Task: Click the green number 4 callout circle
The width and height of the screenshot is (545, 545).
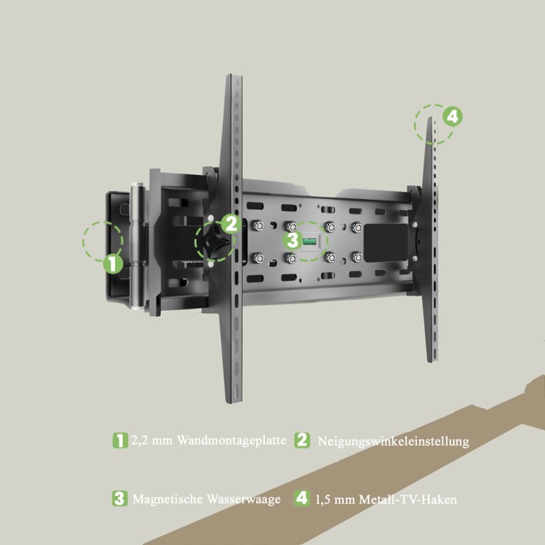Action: click(452, 116)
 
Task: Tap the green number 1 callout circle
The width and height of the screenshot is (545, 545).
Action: click(113, 264)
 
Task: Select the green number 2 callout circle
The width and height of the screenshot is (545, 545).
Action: click(231, 223)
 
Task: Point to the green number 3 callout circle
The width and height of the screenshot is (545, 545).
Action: click(293, 240)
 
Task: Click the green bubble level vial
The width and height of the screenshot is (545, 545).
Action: click(309, 240)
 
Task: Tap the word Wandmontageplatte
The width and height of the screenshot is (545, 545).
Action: click(232, 440)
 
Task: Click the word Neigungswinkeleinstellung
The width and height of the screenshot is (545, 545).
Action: click(394, 441)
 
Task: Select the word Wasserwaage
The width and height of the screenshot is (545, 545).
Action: click(244, 499)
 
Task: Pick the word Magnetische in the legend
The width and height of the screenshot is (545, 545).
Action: click(168, 499)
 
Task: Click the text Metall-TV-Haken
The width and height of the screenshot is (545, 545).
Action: click(408, 499)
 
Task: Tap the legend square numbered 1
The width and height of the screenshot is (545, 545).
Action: click(120, 440)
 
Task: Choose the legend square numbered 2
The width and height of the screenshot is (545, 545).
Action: click(302, 440)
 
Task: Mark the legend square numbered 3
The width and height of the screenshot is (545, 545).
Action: click(120, 499)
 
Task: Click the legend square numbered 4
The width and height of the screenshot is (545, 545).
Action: click(302, 498)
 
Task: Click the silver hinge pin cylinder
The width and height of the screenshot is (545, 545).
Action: click(138, 246)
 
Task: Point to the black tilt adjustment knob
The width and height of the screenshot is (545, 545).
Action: click(213, 241)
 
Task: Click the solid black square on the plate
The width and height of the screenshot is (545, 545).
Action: click(386, 243)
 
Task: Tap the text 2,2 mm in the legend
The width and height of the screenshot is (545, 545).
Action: click(151, 440)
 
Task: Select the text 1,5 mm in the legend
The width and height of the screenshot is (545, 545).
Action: click(335, 499)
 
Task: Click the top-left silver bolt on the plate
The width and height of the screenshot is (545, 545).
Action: click(258, 226)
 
